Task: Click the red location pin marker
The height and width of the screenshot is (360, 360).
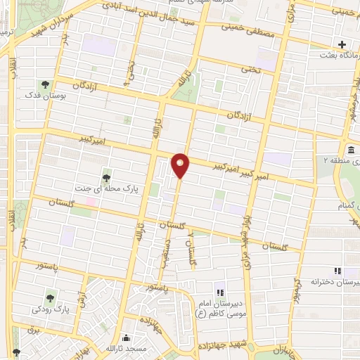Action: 181,165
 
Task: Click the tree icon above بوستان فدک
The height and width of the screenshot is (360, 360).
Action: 45,84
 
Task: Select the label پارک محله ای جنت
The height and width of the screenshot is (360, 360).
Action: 106,188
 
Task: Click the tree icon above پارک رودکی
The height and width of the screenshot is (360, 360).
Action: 49,296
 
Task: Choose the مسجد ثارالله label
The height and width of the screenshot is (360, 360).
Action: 125,349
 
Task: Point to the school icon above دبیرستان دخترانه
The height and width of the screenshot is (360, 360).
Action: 337,271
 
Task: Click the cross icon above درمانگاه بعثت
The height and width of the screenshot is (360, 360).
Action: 342,44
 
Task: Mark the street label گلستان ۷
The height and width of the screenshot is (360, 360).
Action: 190,252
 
